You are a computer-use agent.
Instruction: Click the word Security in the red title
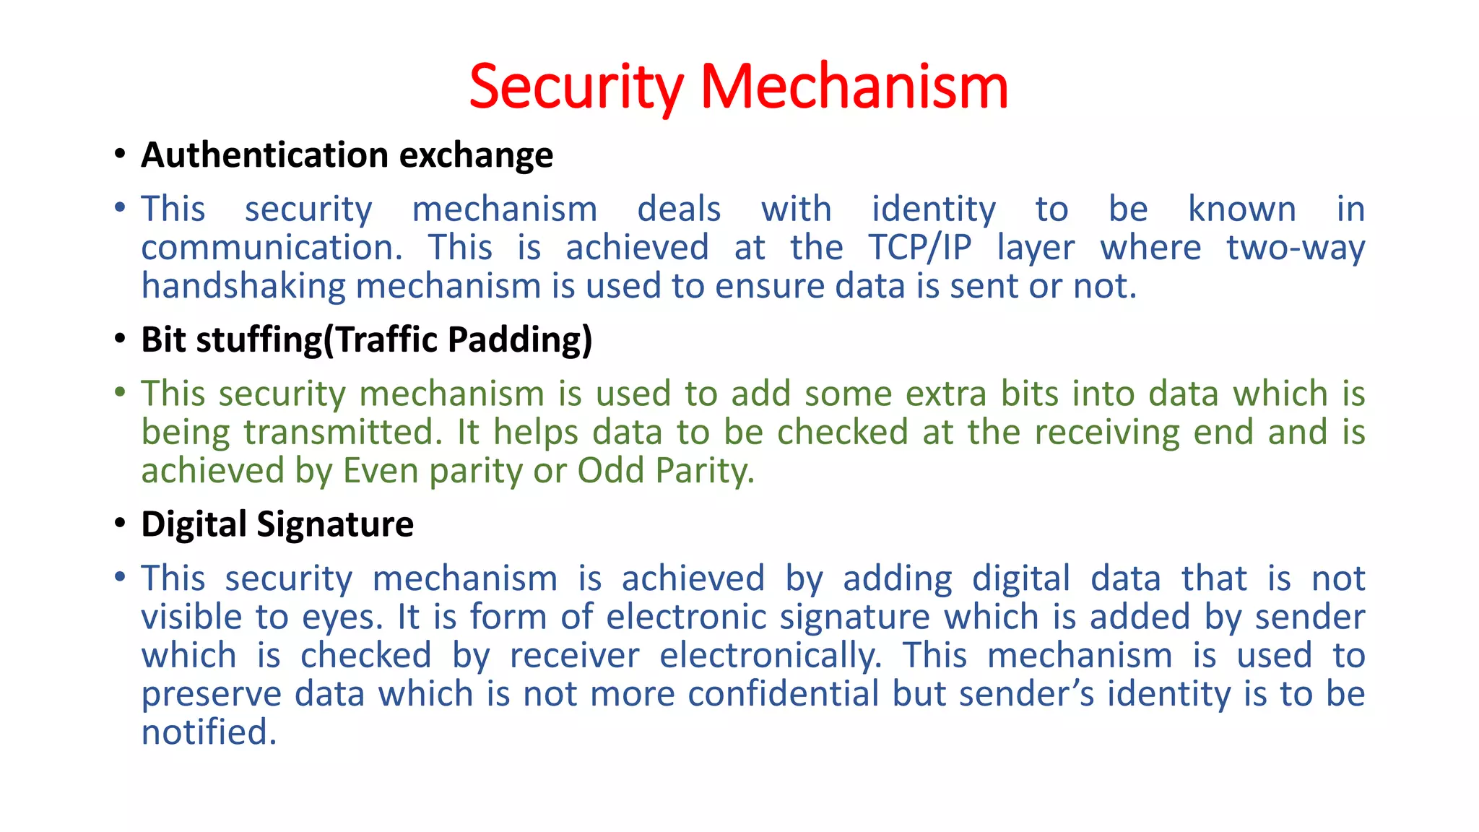click(576, 87)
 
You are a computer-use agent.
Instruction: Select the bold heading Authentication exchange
click(347, 155)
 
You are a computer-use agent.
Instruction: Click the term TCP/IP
click(920, 248)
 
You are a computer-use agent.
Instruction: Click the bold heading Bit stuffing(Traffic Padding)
click(366, 339)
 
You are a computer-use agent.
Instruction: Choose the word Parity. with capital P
click(705, 471)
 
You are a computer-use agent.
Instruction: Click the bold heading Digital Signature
click(277, 524)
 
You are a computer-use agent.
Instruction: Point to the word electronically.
click(771, 656)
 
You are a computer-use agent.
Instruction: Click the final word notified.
click(209, 732)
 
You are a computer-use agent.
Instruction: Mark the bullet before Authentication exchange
click(120, 155)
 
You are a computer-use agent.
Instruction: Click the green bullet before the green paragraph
click(120, 393)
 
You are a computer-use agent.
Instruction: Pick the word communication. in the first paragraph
click(272, 248)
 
